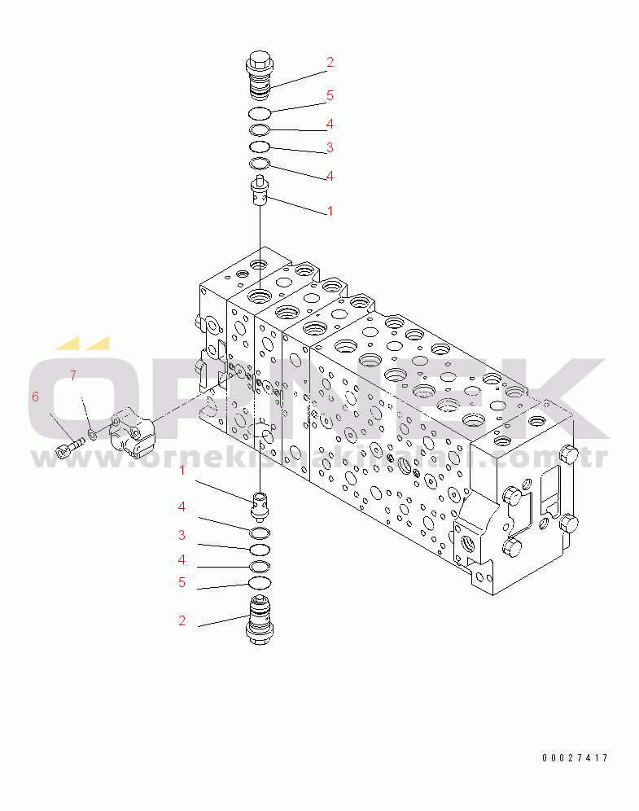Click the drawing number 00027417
(575, 758)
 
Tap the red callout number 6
(35, 397)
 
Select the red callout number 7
(72, 375)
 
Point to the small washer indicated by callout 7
(93, 434)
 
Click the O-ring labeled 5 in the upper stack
(259, 112)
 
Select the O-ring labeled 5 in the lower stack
(259, 582)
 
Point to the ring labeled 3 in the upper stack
(259, 146)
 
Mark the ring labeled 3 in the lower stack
(259, 549)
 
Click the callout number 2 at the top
(330, 62)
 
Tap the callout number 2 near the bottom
(182, 620)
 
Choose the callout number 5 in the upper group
(330, 96)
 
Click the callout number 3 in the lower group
(182, 536)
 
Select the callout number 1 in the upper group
(330, 211)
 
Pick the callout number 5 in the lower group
(182, 583)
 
